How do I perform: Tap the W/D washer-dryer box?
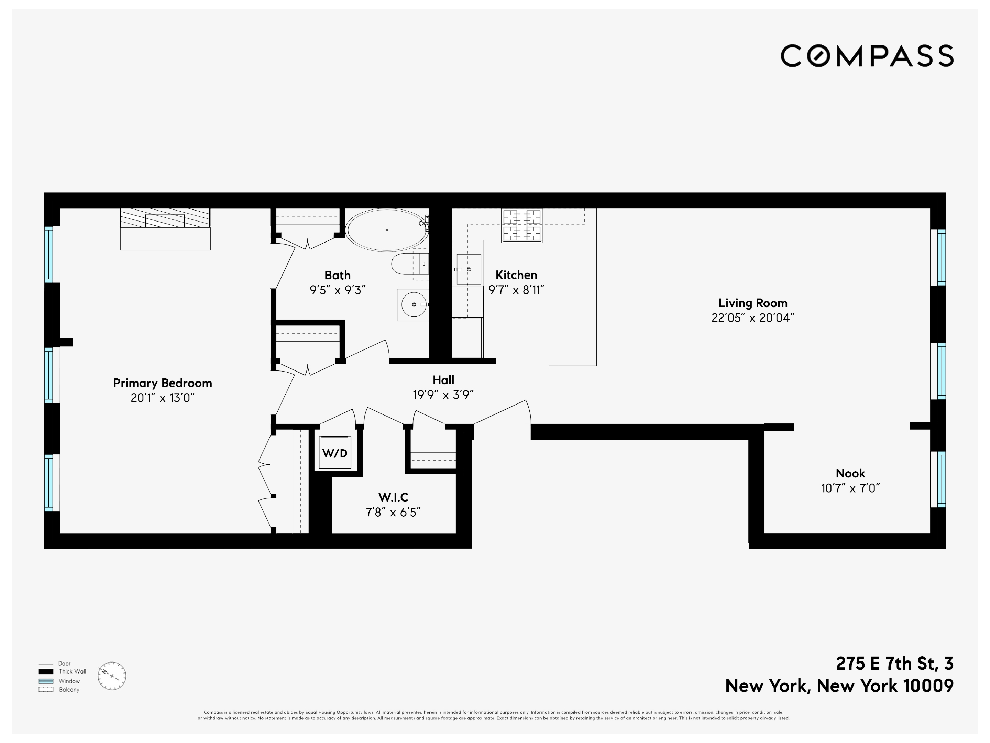(335, 453)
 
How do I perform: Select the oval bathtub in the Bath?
(387, 230)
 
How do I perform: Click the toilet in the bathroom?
(408, 264)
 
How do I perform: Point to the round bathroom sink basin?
(414, 304)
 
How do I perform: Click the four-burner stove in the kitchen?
(522, 225)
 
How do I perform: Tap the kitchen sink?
(469, 269)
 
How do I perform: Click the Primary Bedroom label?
(163, 383)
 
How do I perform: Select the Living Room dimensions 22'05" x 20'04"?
(753, 318)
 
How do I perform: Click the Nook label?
(850, 473)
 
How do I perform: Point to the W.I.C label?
(393, 497)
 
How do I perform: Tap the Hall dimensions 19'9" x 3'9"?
(443, 395)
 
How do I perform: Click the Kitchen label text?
(516, 275)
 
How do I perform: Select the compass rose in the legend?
(112, 676)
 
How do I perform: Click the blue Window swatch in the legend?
(46, 681)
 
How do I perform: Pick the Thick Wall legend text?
(73, 671)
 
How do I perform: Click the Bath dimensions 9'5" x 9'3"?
(338, 290)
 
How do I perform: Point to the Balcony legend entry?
(69, 690)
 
